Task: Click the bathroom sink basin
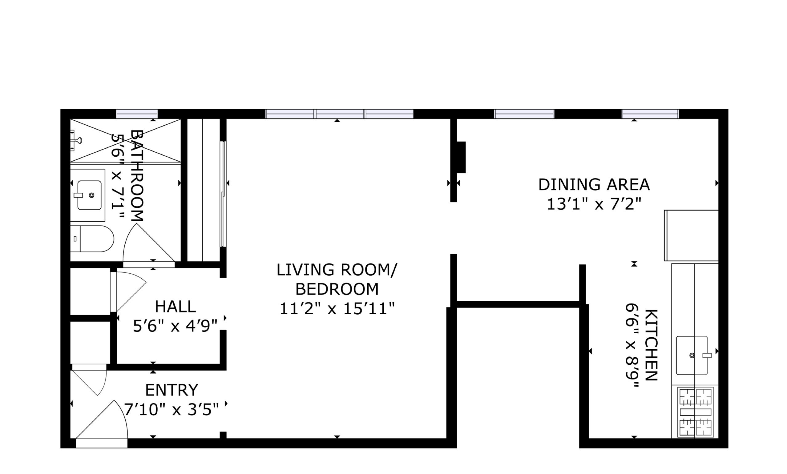pyautogui.click(x=89, y=195)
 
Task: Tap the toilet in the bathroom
pyautogui.click(x=92, y=239)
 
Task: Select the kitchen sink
pyautogui.click(x=692, y=355)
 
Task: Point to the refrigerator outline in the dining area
pyautogui.click(x=692, y=235)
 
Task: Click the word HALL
pyautogui.click(x=175, y=307)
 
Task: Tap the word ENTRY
pyautogui.click(x=172, y=390)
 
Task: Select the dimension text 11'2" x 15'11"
pyautogui.click(x=337, y=309)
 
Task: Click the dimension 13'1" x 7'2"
pyautogui.click(x=594, y=204)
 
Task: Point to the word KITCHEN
pyautogui.click(x=651, y=345)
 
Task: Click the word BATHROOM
pyautogui.click(x=137, y=175)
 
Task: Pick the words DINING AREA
pyautogui.click(x=594, y=184)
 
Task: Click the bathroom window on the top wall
pyautogui.click(x=137, y=114)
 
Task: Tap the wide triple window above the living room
pyautogui.click(x=340, y=114)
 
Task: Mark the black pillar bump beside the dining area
pyautogui.click(x=461, y=157)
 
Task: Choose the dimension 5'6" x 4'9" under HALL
pyautogui.click(x=175, y=326)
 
